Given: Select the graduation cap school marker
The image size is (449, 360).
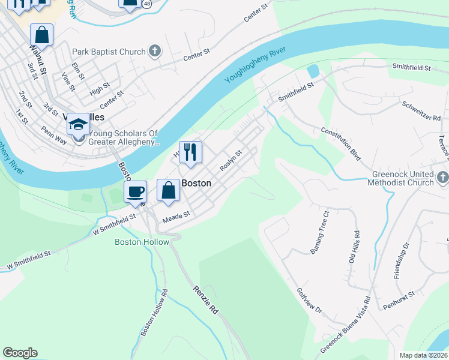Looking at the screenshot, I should coord(78,125).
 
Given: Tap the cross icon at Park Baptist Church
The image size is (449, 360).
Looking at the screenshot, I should coord(155,51).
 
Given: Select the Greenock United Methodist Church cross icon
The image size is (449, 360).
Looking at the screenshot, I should coord(442,178).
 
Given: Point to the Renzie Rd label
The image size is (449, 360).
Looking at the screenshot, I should coord(205,301).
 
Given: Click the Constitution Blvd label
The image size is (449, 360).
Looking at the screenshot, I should coord(340,144).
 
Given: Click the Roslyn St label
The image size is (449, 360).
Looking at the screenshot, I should coord(230,161).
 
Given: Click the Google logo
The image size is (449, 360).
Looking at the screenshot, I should coord(20,353).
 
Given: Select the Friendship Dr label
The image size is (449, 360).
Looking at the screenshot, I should coord(401,260).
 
